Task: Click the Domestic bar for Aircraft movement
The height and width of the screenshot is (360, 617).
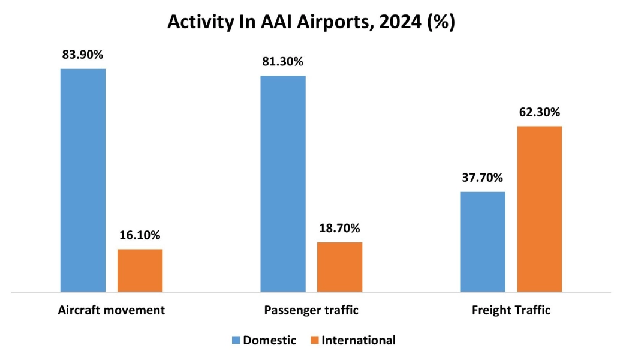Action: [83, 180]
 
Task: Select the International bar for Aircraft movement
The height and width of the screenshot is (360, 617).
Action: [140, 270]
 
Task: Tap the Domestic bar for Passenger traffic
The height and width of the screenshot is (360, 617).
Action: [282, 184]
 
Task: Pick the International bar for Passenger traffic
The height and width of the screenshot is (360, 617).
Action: [339, 267]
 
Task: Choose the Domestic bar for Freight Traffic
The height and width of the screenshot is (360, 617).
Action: [482, 242]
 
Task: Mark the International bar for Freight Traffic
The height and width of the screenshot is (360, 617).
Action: [539, 209]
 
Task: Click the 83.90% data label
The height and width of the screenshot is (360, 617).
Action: [83, 55]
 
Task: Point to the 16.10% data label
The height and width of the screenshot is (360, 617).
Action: [140, 235]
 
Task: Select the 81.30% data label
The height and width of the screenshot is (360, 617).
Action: [282, 61]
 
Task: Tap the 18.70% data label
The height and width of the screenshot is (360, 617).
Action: [339, 228]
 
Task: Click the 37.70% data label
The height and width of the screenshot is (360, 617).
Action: [482, 178]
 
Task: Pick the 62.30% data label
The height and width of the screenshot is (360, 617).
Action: [539, 112]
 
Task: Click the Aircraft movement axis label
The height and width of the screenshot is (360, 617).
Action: [112, 310]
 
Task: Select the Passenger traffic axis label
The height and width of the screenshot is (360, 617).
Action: [311, 310]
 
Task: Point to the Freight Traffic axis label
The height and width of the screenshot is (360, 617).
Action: [511, 310]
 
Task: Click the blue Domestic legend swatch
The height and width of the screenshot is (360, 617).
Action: [236, 341]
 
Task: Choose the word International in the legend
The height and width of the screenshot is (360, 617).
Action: [359, 340]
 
